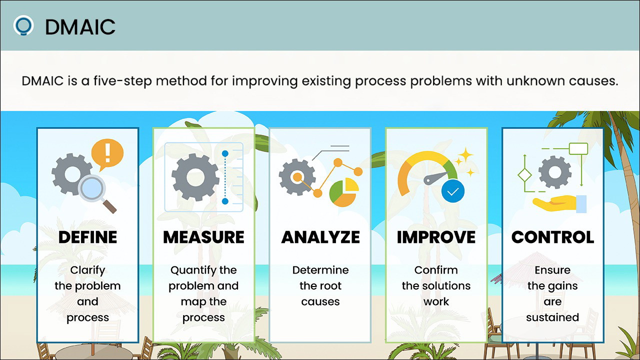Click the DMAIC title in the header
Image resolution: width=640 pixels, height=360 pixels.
(80, 27)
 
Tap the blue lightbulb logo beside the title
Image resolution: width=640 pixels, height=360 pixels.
(23, 25)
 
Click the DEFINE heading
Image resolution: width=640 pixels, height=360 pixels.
(87, 237)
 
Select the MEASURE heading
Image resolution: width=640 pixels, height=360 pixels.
(203, 237)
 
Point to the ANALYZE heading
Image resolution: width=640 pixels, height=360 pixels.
(320, 237)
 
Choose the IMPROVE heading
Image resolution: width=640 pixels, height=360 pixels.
(436, 237)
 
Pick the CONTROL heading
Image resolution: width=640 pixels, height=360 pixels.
(552, 237)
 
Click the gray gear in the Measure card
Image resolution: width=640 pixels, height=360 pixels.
(195, 177)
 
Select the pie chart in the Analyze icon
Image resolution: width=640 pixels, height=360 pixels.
(344, 192)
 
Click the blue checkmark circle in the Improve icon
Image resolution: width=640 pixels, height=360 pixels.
(453, 191)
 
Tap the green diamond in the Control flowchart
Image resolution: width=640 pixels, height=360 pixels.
(524, 175)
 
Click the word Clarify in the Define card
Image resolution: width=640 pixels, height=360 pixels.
(87, 270)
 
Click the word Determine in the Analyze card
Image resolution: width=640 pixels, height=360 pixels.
(320, 270)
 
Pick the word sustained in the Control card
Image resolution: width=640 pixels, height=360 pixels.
(552, 317)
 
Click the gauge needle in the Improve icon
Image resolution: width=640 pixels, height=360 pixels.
(435, 177)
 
